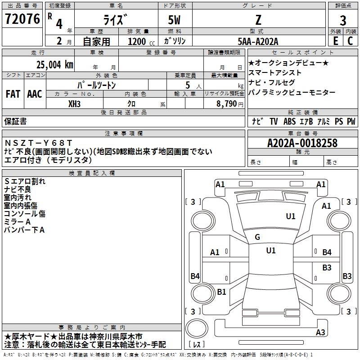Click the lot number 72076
click(x=22, y=19)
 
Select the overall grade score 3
click(x=343, y=20)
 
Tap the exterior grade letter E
click(x=336, y=41)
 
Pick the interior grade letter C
click(x=350, y=41)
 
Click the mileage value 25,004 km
click(x=54, y=65)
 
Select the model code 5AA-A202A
click(x=258, y=41)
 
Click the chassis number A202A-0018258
click(x=302, y=143)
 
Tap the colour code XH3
click(x=74, y=104)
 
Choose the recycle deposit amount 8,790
click(x=227, y=104)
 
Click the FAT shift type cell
click(x=13, y=94)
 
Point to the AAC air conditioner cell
click(x=35, y=94)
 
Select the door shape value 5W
click(x=174, y=20)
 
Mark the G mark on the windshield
click(x=257, y=237)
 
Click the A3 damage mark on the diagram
click(x=320, y=332)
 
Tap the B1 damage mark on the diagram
click(x=221, y=292)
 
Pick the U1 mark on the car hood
click(x=291, y=216)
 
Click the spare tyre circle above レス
click(x=197, y=328)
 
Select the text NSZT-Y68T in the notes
click(x=38, y=143)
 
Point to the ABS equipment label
click(x=289, y=121)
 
